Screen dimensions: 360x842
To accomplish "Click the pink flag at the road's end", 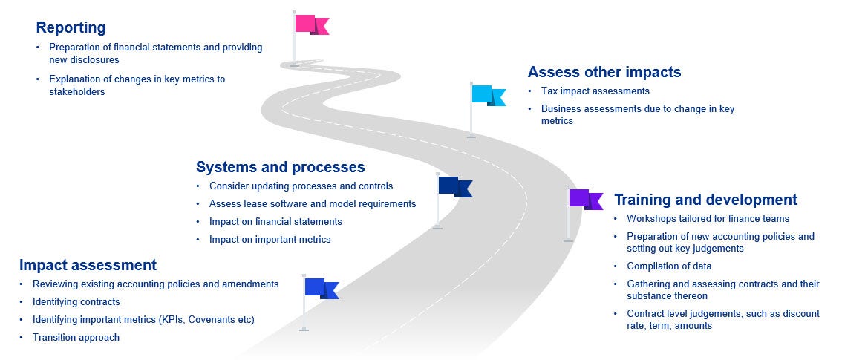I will [x=310, y=24].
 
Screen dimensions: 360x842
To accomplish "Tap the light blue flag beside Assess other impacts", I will [x=487, y=95].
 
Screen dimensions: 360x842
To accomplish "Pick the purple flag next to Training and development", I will [x=585, y=199].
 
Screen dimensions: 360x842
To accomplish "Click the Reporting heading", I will [x=71, y=28].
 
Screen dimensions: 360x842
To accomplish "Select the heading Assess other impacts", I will [x=604, y=72].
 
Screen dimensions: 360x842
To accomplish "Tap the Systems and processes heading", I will [x=280, y=167].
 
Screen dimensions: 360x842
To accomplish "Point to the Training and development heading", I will [x=705, y=200].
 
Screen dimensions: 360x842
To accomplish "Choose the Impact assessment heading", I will [x=88, y=265].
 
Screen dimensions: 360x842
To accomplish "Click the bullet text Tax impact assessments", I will [x=595, y=91].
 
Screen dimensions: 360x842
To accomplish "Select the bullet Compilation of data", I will [x=669, y=266].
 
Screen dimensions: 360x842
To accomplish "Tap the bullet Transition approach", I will [x=76, y=338].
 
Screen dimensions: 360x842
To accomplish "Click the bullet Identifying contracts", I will [x=76, y=302].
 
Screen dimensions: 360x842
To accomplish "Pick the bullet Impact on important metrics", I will [x=270, y=240].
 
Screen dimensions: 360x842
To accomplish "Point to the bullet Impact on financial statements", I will [x=275, y=222].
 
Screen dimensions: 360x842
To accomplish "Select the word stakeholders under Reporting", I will [x=77, y=92].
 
